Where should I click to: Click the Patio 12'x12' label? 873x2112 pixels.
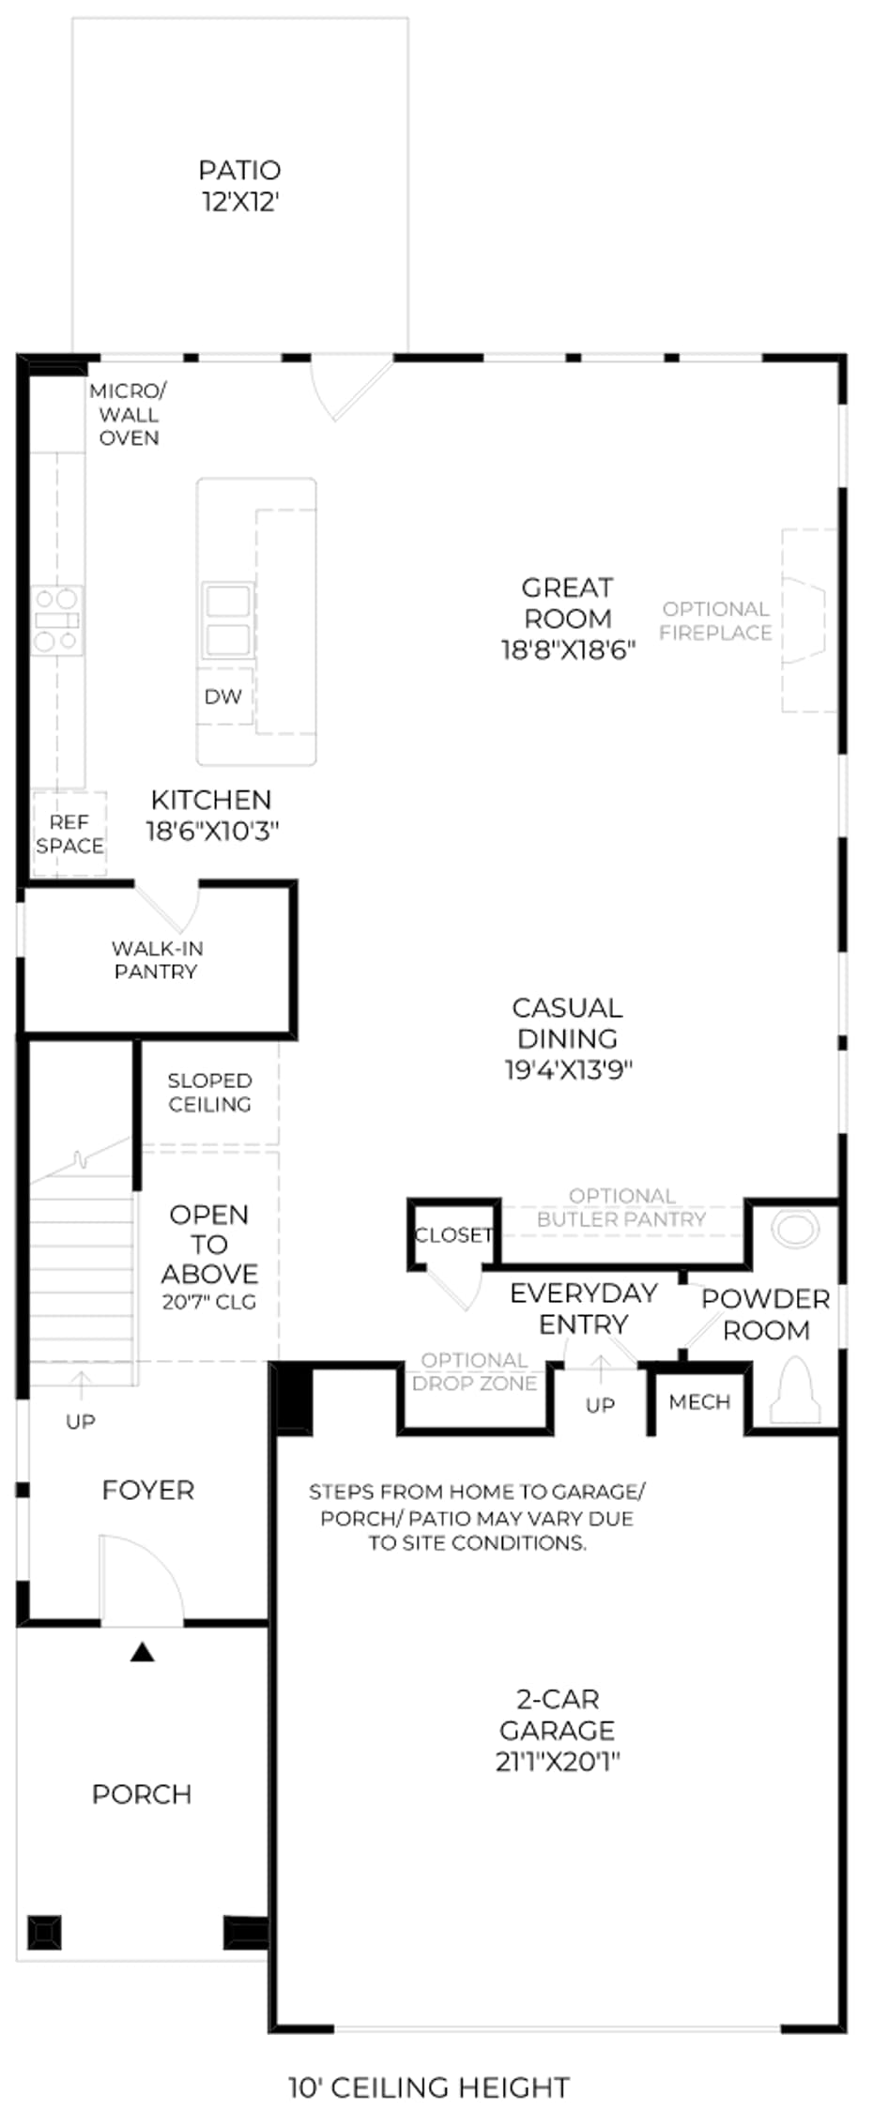click(x=239, y=186)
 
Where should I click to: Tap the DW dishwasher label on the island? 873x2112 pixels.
click(x=223, y=696)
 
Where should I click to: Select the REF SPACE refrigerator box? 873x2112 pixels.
click(x=69, y=834)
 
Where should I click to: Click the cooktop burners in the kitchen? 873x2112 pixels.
click(x=56, y=620)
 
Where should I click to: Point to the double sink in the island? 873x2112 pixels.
click(x=228, y=620)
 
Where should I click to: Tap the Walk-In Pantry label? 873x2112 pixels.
click(x=157, y=959)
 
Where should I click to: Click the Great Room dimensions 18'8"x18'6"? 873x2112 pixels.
click(x=569, y=650)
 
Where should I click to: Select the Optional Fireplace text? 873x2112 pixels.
click(x=715, y=620)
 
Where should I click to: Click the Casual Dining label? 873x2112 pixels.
click(x=568, y=1022)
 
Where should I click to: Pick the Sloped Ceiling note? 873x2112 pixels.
click(x=209, y=1092)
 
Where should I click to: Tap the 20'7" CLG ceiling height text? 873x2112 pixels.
click(x=208, y=1302)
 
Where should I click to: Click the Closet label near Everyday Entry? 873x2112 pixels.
click(x=453, y=1235)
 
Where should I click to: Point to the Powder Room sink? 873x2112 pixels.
click(x=794, y=1228)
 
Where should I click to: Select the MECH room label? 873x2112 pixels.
click(x=699, y=1402)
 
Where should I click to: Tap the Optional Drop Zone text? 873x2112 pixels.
click(x=475, y=1371)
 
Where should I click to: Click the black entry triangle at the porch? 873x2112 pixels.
click(x=142, y=1652)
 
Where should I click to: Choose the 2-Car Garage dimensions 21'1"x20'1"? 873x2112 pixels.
click(x=558, y=1762)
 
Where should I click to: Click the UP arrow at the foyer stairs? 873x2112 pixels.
click(x=81, y=1385)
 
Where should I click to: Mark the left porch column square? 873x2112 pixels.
click(x=45, y=1932)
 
